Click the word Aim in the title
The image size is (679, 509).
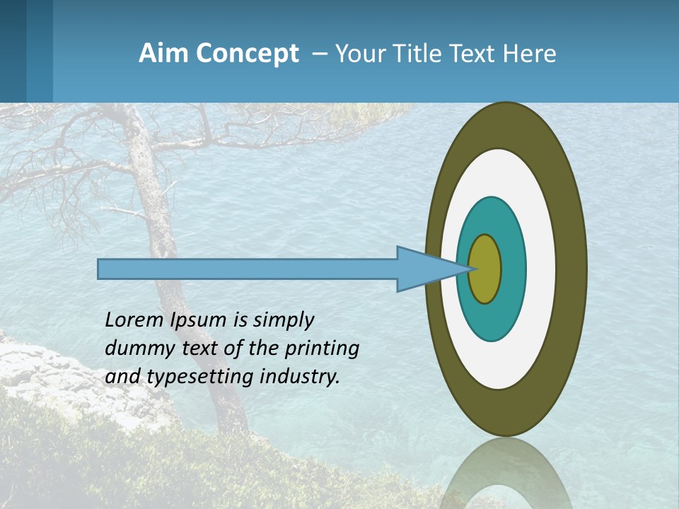pos(163,54)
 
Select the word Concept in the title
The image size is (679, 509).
pos(248,54)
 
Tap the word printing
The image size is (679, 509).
pos(323,349)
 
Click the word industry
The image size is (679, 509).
pos(300,377)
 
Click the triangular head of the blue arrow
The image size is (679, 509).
pos(424,269)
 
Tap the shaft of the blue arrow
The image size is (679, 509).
pos(248,269)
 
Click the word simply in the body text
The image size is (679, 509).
pos(284,320)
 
